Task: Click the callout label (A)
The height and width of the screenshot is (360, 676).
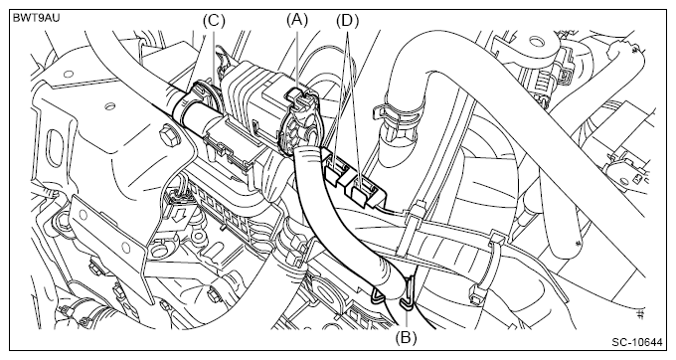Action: (297, 20)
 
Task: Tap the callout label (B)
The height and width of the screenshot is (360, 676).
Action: (407, 337)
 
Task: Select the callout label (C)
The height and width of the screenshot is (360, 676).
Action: (214, 20)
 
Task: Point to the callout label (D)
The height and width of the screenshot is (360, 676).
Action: (347, 20)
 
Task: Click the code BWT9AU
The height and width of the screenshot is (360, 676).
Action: (36, 18)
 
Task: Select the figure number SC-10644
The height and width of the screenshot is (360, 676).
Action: (637, 343)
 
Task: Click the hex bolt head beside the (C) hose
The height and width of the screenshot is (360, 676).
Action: (166, 137)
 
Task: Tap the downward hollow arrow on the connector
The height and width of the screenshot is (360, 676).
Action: (177, 214)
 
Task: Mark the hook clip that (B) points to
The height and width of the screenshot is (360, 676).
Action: (409, 293)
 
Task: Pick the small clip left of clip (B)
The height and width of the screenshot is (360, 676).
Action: (378, 294)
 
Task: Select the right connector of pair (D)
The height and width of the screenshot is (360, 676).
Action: (364, 190)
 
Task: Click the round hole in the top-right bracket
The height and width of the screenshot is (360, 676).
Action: (536, 42)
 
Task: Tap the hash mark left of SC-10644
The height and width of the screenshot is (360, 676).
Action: (640, 313)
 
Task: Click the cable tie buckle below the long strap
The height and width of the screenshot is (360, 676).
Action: (476, 289)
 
